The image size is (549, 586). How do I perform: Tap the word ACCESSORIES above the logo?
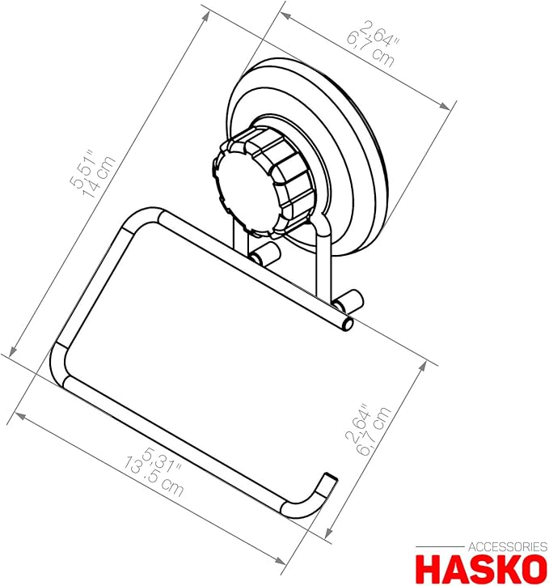tap(508, 547)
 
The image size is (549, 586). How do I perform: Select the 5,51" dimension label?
tap(82, 169)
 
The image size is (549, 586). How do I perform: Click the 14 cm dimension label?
tap(98, 178)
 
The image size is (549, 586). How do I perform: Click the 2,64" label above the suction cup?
tap(378, 33)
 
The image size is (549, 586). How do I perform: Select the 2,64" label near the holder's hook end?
tap(357, 423)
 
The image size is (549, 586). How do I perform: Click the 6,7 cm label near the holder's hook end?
tap(374, 431)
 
